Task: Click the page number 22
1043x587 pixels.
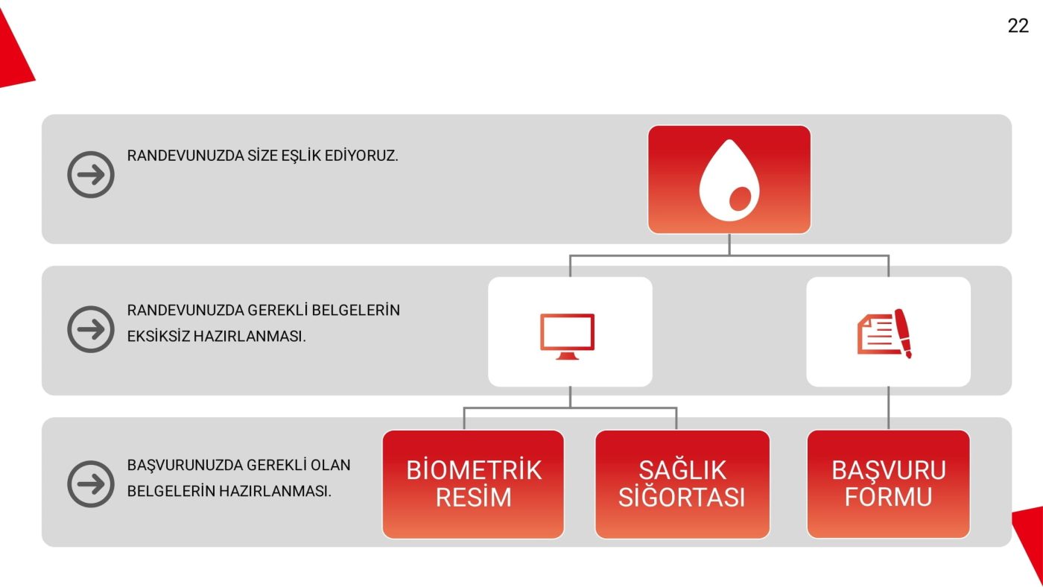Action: click(1018, 26)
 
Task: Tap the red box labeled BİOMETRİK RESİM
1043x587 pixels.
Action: click(473, 484)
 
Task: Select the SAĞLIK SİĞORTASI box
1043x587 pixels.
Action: click(682, 484)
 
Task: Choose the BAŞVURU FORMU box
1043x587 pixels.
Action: click(888, 484)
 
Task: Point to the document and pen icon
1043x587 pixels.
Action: click(885, 334)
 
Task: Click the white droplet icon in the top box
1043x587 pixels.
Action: click(729, 180)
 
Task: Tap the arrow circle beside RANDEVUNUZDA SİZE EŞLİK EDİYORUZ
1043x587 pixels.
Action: click(91, 175)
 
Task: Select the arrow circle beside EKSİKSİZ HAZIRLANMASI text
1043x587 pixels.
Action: click(91, 329)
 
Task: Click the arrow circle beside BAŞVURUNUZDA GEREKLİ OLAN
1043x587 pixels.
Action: click(91, 483)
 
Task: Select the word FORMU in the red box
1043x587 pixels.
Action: click(888, 497)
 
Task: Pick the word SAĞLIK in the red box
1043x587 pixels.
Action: click(682, 470)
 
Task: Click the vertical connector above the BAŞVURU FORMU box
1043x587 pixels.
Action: click(888, 407)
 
